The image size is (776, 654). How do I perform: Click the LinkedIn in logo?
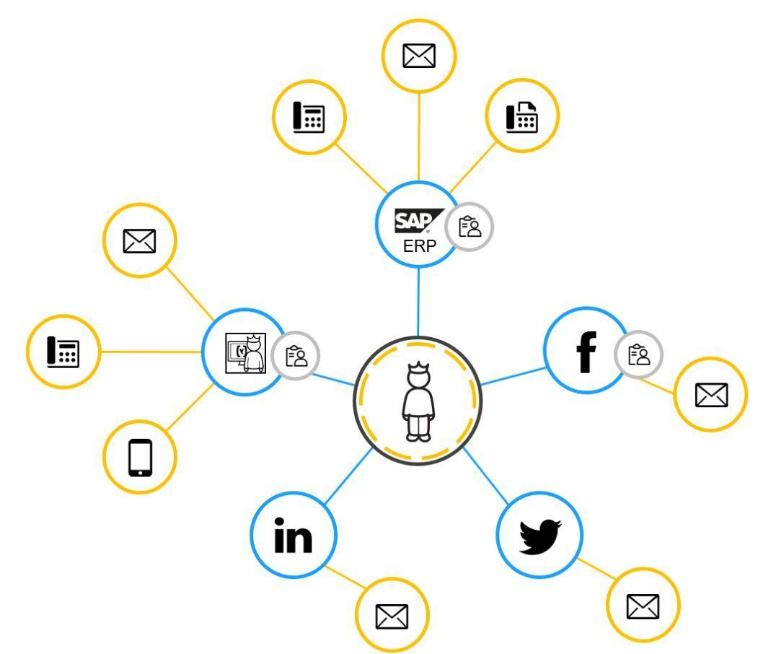point(294,536)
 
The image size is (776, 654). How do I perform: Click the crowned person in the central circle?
point(417,401)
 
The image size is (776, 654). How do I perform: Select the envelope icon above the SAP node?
point(419,56)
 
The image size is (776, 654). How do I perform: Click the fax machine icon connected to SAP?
point(521,115)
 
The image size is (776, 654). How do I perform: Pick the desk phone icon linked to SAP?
point(309,117)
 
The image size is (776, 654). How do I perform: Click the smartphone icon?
point(140,457)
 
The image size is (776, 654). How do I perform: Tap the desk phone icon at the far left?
point(63,352)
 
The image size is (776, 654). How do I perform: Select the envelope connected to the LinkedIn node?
point(392,615)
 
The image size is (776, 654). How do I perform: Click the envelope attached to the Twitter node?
point(643,606)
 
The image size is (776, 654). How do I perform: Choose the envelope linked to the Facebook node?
point(710,394)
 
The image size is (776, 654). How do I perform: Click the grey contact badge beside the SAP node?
point(469,227)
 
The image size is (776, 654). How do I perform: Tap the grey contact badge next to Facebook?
point(639,354)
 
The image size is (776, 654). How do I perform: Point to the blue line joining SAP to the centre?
point(418,302)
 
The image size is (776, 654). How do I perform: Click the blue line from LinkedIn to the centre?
point(348,476)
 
